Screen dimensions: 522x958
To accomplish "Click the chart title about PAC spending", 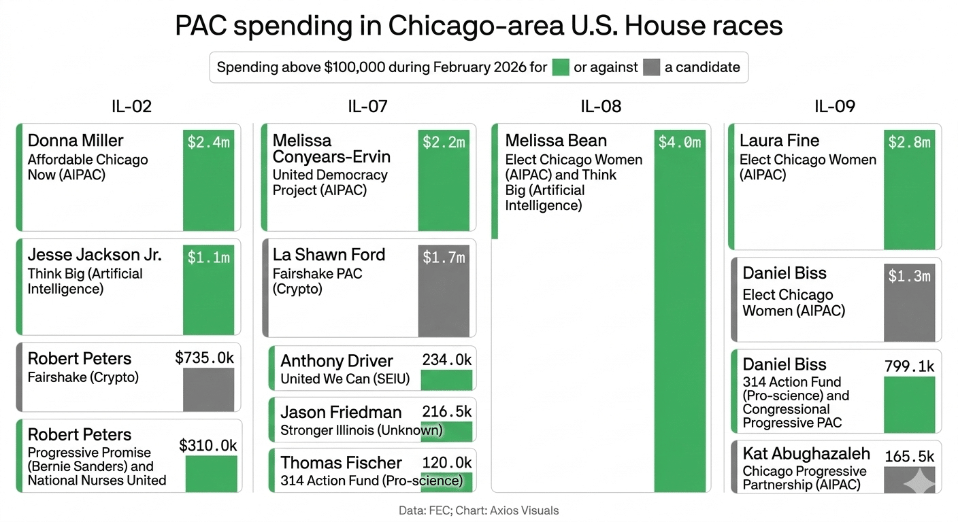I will tap(479, 26).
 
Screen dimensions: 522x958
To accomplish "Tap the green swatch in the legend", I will tap(560, 67).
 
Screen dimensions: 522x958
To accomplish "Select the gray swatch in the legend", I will tap(651, 67).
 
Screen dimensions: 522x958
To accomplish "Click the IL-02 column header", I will tap(131, 106).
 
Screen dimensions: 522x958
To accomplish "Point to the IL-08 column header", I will tap(601, 106).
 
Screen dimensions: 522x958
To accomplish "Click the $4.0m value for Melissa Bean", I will tap(679, 143).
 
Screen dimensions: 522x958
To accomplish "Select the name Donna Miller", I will tap(76, 141).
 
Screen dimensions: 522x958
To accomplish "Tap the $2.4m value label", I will tap(208, 143).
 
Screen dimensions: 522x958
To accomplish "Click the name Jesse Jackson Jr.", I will tap(95, 255).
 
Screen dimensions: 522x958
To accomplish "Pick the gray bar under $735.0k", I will tap(208, 389).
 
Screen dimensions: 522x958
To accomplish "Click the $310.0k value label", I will tap(208, 446).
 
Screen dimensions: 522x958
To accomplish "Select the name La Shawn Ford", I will tap(329, 255).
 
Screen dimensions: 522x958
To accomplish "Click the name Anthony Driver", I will tap(337, 361).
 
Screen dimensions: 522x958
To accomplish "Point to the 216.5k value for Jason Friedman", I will tap(446, 412).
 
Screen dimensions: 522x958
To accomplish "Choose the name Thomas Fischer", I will tap(341, 463).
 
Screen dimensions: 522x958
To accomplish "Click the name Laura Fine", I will tap(779, 141).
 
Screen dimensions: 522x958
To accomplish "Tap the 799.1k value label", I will tap(909, 366).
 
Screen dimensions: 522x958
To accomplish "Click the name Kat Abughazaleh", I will tap(806, 453).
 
